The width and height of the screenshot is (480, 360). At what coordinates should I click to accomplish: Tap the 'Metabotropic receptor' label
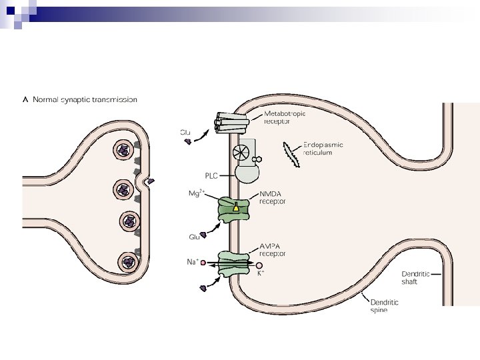[x=285, y=117]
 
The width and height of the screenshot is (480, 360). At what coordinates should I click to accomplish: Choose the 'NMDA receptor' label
[x=272, y=198]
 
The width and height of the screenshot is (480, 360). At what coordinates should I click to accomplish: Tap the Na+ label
[x=192, y=262]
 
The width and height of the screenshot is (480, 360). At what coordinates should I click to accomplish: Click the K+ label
[x=261, y=273]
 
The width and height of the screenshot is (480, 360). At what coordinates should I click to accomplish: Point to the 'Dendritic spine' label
[x=384, y=306]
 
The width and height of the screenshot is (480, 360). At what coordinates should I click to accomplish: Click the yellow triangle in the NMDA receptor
[x=235, y=208]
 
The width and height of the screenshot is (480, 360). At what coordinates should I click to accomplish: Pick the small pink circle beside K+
[x=259, y=265]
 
